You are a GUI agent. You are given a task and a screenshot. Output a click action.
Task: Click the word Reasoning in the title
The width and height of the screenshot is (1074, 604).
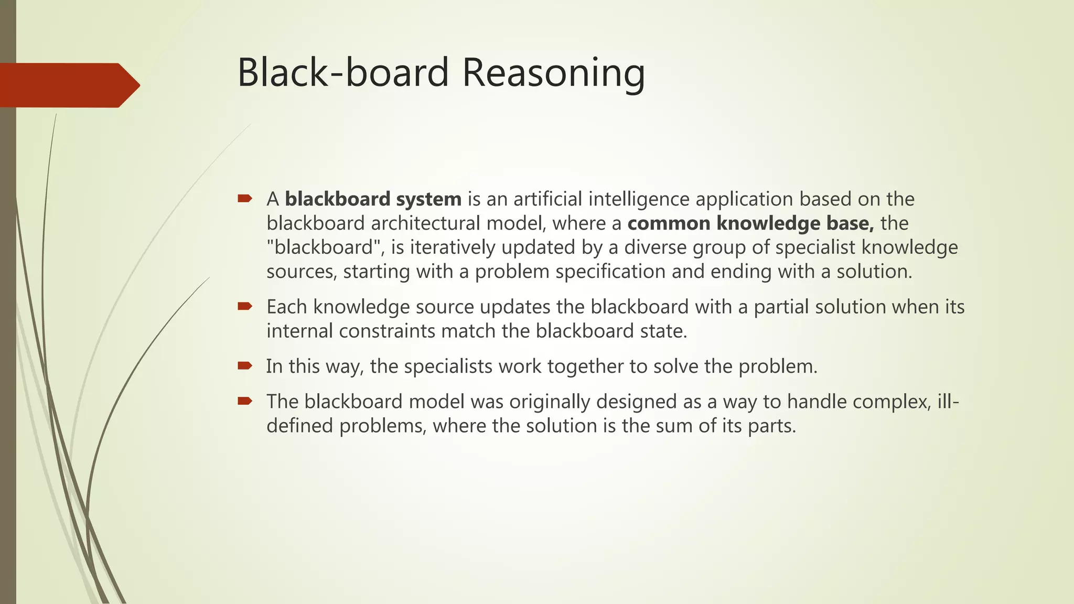pos(553,73)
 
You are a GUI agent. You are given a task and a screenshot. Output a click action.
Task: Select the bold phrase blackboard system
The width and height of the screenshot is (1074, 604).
pos(373,199)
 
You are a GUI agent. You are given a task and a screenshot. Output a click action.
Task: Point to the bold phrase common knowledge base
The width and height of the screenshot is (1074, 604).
pos(750,223)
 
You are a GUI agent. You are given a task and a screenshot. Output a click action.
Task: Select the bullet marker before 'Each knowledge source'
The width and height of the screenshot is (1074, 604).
pos(245,306)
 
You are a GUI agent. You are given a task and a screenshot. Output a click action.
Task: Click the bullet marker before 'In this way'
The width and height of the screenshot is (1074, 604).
pos(245,365)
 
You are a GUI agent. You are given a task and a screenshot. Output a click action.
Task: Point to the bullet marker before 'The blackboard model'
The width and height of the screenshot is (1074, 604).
pos(245,401)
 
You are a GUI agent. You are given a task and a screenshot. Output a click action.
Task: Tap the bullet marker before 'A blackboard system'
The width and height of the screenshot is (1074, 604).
pos(245,199)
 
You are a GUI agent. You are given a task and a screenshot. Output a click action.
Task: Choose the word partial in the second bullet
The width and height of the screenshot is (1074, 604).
pos(781,307)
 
